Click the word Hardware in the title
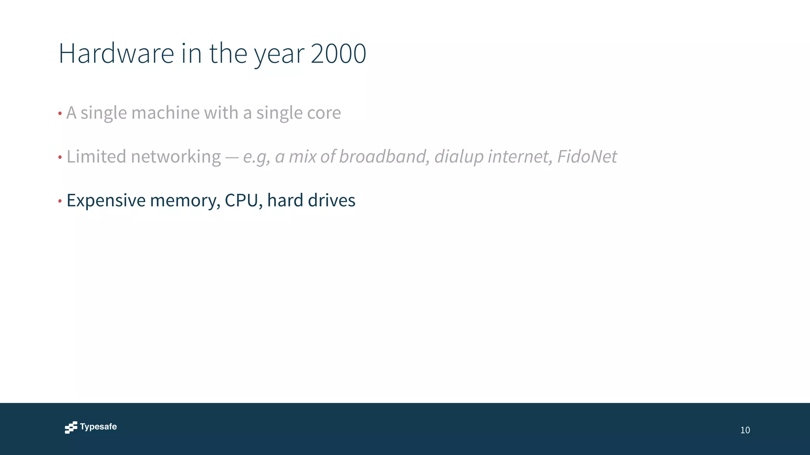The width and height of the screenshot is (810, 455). pyautogui.click(x=116, y=53)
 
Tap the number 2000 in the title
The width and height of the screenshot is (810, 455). pyautogui.click(x=338, y=53)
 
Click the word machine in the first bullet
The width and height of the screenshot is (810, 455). pyautogui.click(x=165, y=113)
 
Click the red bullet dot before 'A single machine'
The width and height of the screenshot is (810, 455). pyautogui.click(x=60, y=114)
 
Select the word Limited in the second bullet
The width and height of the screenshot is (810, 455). pyautogui.click(x=96, y=156)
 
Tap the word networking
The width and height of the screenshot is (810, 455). pyautogui.click(x=176, y=157)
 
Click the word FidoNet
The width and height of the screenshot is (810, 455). pyautogui.click(x=587, y=156)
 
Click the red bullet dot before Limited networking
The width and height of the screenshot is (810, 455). pyautogui.click(x=60, y=158)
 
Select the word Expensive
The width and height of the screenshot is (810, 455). pyautogui.click(x=106, y=201)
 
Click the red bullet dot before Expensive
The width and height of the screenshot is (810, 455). pyautogui.click(x=60, y=201)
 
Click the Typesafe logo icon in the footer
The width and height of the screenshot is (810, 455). pyautogui.click(x=71, y=427)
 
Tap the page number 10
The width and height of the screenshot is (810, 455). pyautogui.click(x=745, y=430)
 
